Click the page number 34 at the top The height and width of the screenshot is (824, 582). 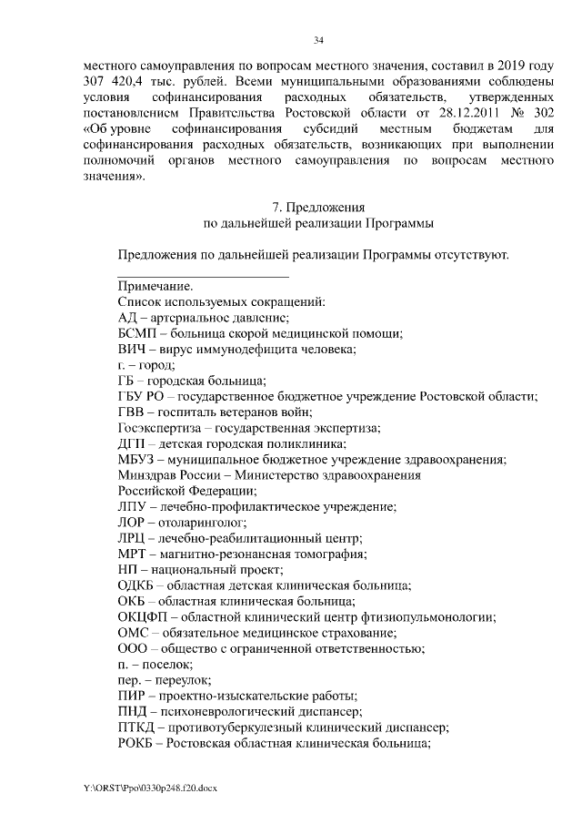(x=318, y=40)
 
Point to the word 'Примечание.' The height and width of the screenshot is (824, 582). (x=155, y=285)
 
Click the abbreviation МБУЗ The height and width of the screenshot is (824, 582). (x=138, y=460)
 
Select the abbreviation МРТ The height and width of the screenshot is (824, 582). (x=133, y=554)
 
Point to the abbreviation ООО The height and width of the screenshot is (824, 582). (x=134, y=648)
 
